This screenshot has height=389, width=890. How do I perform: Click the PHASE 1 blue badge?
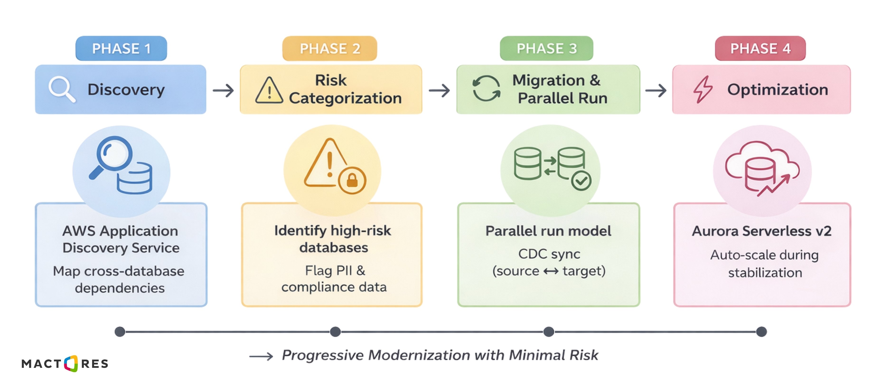click(x=121, y=48)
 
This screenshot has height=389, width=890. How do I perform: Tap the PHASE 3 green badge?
click(x=546, y=48)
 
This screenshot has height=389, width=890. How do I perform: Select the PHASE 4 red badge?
click(x=760, y=48)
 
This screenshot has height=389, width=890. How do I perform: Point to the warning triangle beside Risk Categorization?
click(x=269, y=90)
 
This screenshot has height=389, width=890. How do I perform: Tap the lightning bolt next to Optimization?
click(x=703, y=89)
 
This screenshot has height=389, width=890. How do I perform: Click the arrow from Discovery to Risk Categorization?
click(x=223, y=90)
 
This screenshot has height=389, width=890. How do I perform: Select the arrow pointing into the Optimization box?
click(x=656, y=90)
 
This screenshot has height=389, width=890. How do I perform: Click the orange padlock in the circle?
click(x=352, y=180)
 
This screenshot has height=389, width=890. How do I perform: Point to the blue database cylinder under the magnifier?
click(x=134, y=179)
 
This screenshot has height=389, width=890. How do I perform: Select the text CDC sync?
click(x=549, y=254)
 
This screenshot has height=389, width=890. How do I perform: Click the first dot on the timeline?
click(x=120, y=332)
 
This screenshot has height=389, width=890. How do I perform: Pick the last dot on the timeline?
click(x=761, y=332)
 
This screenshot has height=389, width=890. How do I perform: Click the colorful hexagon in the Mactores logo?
click(x=71, y=363)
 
